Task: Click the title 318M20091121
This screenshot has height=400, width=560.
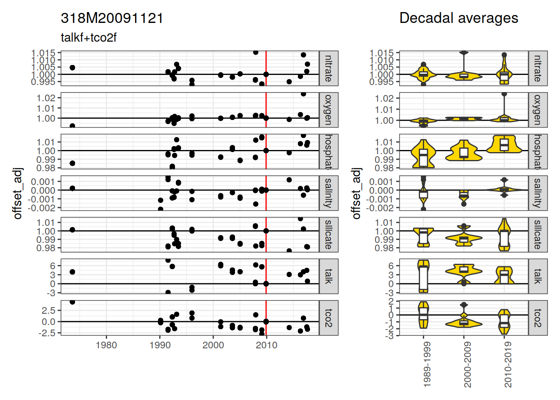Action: tap(112, 18)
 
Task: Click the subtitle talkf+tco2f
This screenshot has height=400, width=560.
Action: tap(88, 37)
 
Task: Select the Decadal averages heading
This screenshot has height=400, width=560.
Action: tap(458, 18)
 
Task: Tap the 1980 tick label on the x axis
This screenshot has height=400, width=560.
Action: tap(106, 345)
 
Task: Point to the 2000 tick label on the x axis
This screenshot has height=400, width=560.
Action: tap(213, 345)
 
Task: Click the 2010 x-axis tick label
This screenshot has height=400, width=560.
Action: tap(266, 345)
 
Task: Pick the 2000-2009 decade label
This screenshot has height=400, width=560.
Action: tap(467, 365)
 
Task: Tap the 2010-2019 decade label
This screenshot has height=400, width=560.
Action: tap(507, 365)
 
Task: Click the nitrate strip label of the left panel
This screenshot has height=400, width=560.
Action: tap(328, 68)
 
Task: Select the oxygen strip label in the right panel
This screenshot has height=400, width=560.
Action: tap(537, 110)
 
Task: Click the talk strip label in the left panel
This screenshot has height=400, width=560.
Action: tap(328, 276)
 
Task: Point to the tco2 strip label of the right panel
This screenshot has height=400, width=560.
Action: tap(537, 317)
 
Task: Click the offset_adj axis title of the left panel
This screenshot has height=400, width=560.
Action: tap(17, 193)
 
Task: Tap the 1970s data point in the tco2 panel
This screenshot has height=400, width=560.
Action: tap(72, 302)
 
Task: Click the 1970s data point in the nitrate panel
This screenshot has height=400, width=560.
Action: tap(72, 67)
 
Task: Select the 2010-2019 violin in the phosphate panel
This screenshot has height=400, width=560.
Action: tap(504, 145)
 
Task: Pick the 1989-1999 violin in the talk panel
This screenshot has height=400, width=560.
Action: tap(423, 276)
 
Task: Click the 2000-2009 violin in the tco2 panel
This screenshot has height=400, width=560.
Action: tap(464, 322)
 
